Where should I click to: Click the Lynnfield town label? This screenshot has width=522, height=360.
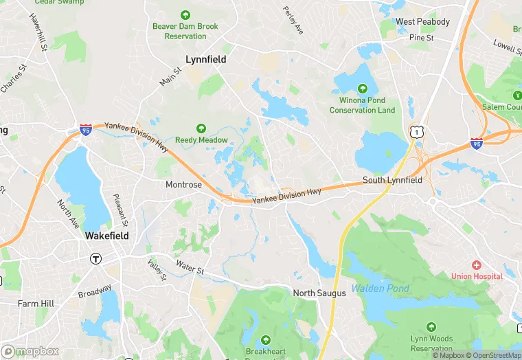point(206,60)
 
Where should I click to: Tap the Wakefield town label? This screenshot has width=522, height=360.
point(106,235)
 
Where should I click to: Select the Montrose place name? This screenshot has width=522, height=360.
point(183,185)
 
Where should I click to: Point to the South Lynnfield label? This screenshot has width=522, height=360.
point(392,180)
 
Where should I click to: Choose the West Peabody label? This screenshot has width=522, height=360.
point(422,22)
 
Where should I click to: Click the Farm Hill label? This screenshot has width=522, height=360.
point(36,303)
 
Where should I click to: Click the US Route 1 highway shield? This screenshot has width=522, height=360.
point(416,131)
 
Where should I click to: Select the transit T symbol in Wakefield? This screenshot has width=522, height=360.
point(96,259)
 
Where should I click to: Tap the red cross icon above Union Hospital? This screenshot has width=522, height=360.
point(477,265)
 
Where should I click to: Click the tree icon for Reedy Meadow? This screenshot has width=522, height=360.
point(201,128)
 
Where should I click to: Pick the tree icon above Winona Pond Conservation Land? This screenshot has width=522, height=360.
point(362,89)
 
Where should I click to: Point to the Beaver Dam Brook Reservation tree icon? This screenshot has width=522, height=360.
point(185,15)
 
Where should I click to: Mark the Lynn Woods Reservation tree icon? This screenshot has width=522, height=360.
point(431,328)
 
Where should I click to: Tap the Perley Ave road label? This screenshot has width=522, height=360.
point(293,21)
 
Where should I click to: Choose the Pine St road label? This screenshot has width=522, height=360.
point(421,38)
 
